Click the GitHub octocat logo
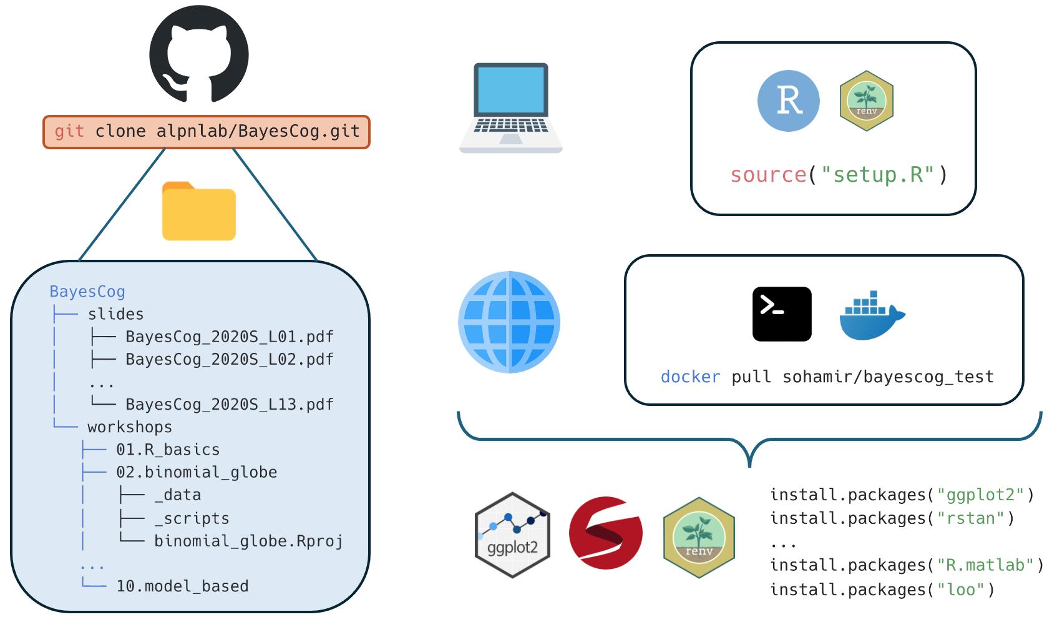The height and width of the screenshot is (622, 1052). (x=198, y=54)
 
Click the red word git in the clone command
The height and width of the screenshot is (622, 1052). (x=69, y=131)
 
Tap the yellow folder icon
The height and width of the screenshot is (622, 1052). (x=198, y=212)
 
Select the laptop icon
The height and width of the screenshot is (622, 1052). (x=511, y=107)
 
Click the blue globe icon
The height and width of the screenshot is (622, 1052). (x=509, y=322)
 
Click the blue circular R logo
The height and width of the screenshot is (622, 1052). (x=788, y=101)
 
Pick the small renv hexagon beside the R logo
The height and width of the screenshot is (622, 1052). (x=866, y=101)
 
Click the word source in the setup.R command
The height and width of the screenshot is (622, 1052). (x=768, y=175)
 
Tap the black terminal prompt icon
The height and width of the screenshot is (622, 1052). (x=781, y=313)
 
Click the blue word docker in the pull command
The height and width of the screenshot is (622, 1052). (x=690, y=377)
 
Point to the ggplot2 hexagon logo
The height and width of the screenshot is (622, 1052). (x=512, y=535)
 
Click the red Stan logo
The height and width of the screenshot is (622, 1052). (x=605, y=533)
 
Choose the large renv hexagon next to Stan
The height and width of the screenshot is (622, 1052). (x=699, y=537)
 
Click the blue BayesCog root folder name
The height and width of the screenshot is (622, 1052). (x=87, y=292)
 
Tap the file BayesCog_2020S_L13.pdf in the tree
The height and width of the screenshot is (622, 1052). (x=229, y=405)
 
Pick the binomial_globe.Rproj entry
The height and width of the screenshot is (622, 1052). (x=248, y=541)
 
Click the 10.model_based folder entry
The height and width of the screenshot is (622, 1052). (x=182, y=586)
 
